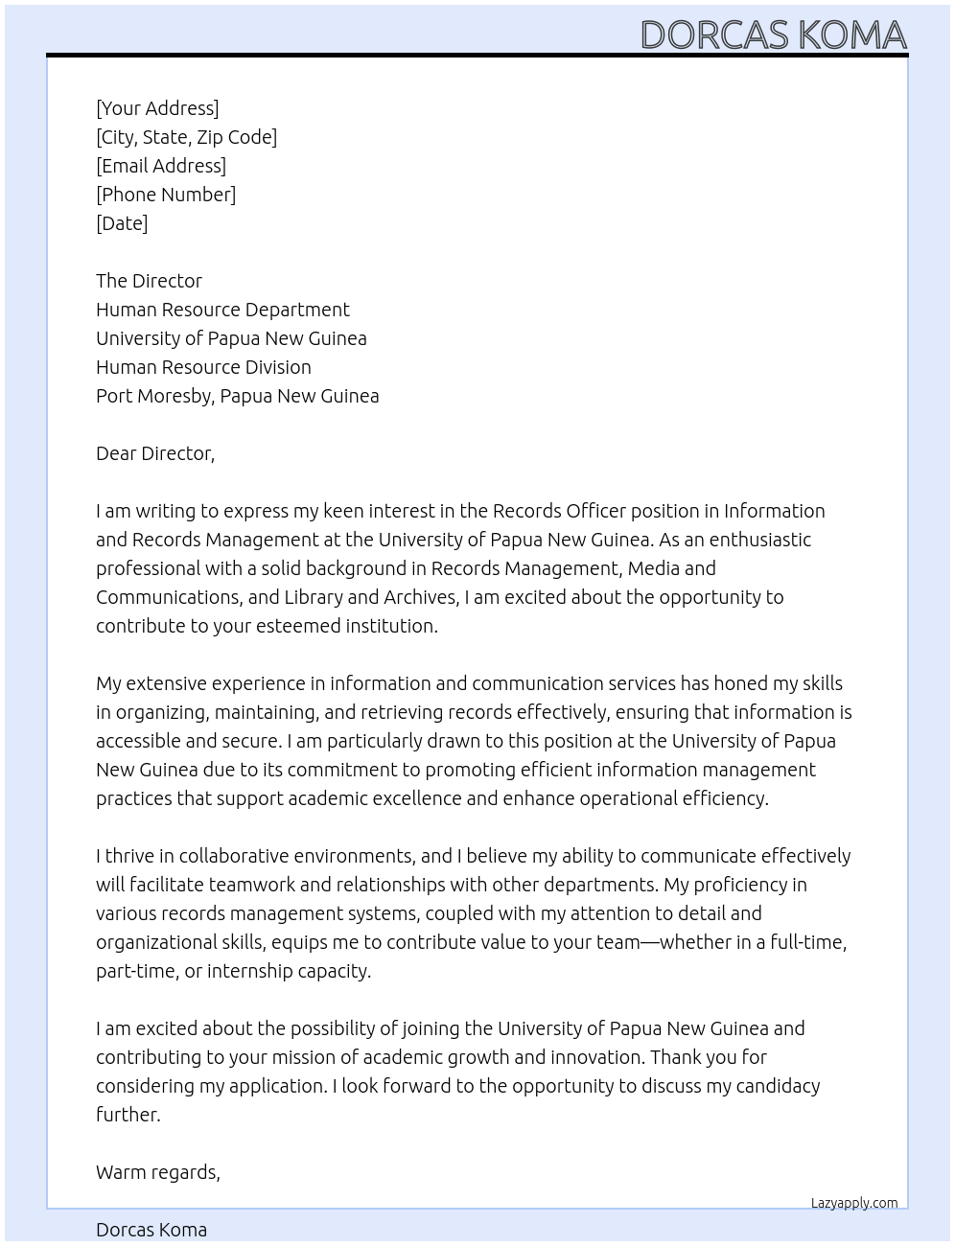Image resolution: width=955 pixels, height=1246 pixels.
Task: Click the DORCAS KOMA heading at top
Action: click(773, 35)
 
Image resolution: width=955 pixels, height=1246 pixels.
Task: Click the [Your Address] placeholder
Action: click(157, 108)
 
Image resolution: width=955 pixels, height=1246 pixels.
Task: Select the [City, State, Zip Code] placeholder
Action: click(186, 137)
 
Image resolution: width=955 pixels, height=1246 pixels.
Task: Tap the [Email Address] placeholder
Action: click(161, 166)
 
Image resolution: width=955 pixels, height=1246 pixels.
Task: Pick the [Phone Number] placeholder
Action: click(166, 195)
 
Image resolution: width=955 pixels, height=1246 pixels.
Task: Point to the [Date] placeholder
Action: click(122, 223)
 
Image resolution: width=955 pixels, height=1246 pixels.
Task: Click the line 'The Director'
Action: click(149, 281)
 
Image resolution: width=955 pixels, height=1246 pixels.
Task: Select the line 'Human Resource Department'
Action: click(222, 310)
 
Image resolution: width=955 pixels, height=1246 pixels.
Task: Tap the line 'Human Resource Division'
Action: click(203, 367)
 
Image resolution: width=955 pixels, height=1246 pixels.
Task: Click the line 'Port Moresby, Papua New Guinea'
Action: click(237, 396)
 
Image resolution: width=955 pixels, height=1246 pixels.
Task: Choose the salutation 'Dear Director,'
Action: click(155, 453)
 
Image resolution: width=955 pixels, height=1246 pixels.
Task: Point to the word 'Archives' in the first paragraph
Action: click(420, 597)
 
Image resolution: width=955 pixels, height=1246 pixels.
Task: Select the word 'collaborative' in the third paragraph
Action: click(234, 856)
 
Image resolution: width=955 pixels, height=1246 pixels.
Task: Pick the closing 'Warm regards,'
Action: click(158, 1172)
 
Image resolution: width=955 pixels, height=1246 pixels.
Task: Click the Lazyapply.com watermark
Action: click(854, 1203)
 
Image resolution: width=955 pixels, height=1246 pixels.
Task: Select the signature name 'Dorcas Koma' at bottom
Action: click(151, 1230)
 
